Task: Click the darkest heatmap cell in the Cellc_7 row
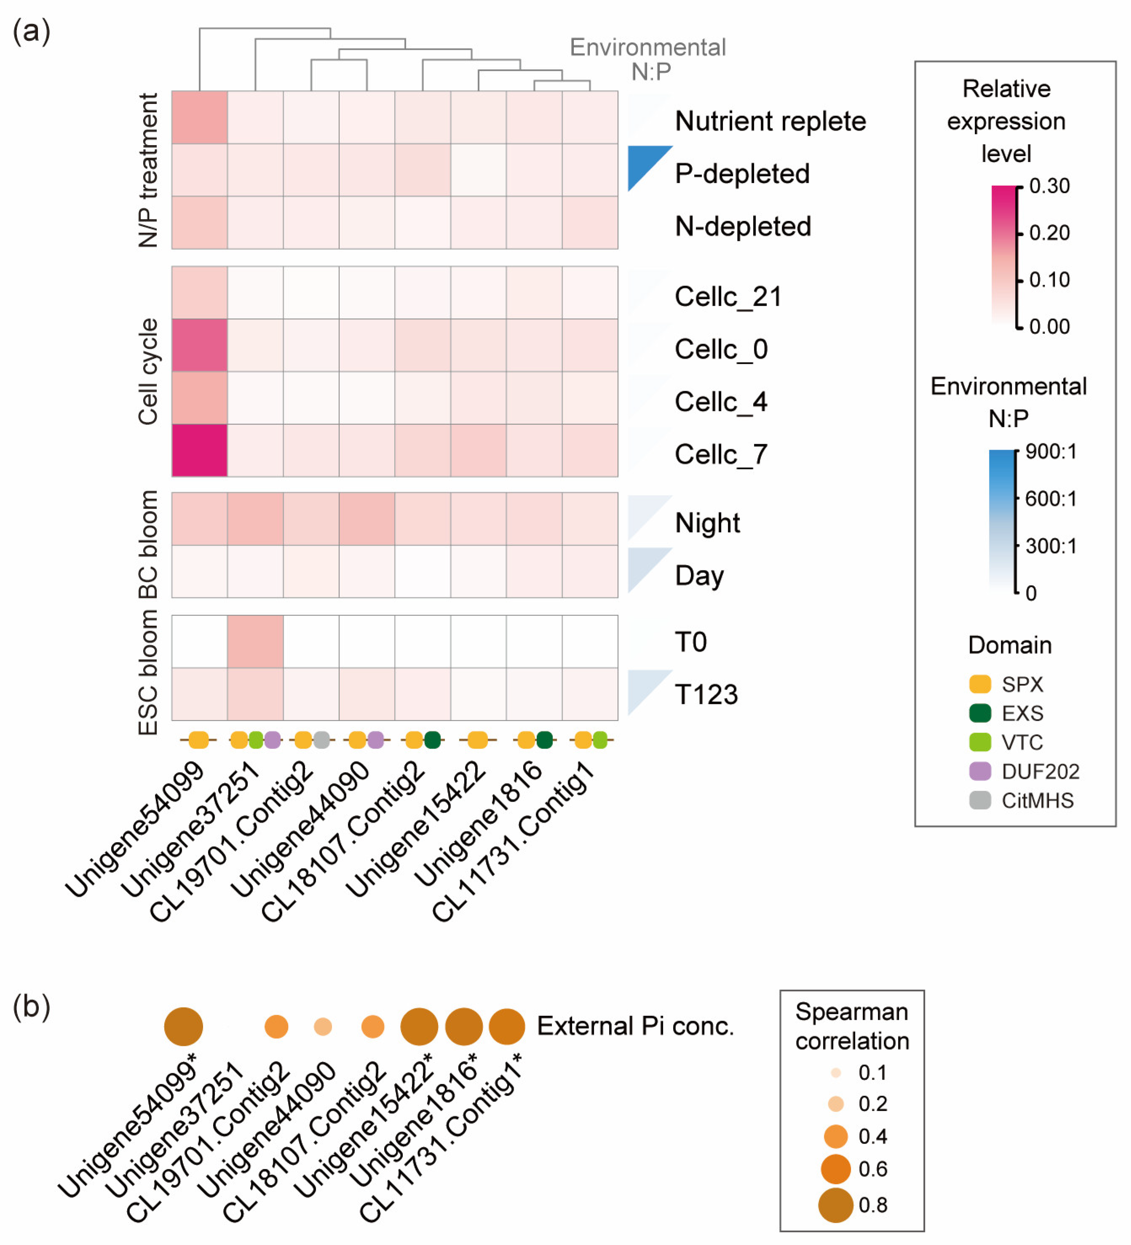pos(200,450)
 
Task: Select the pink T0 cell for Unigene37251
pos(255,641)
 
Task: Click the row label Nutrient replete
pos(770,121)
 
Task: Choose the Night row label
pos(707,523)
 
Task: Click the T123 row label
pos(706,694)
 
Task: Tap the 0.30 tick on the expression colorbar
pos(1049,186)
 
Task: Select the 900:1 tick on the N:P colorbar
pos(1050,451)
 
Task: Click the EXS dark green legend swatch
pos(980,713)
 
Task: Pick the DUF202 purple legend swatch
pos(980,771)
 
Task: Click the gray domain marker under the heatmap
pos(321,739)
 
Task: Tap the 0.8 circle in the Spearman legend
pos(835,1205)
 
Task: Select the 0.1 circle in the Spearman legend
pos(836,1073)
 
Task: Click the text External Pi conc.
pos(635,1026)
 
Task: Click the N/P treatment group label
pos(148,171)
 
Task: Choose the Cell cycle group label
pos(148,372)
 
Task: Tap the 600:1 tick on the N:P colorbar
pos(1050,499)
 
